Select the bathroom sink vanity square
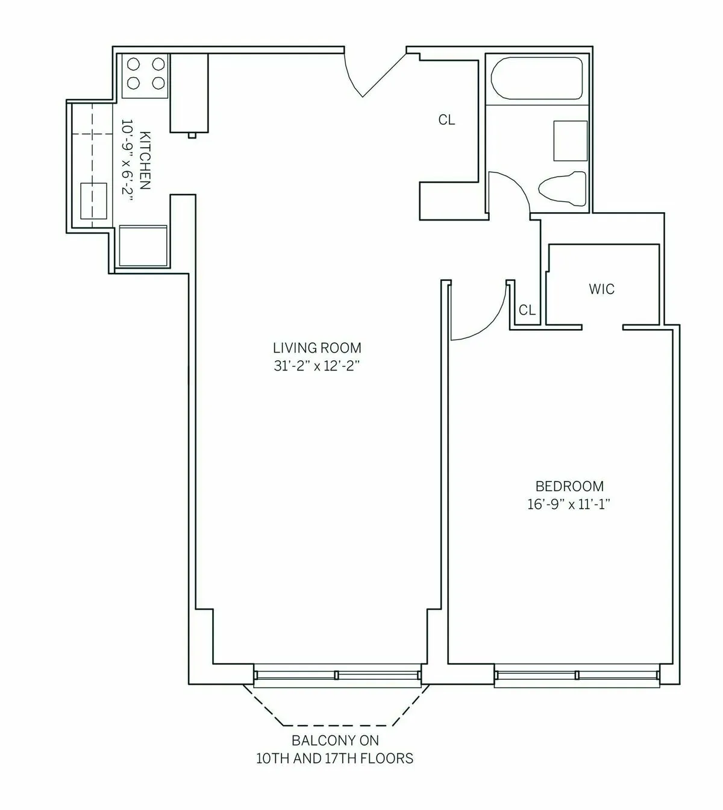coord(570,140)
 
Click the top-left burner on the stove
coord(133,64)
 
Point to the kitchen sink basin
coord(94,201)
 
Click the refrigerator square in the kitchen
coord(143,245)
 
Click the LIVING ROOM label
coord(317,348)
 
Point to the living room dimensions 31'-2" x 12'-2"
coord(317,366)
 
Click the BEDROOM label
coord(569,486)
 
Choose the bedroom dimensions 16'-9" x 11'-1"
coord(569,504)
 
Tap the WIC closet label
coord(601,289)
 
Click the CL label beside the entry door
coord(446,120)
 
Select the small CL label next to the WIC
coord(527,310)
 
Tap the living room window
coord(336,676)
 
